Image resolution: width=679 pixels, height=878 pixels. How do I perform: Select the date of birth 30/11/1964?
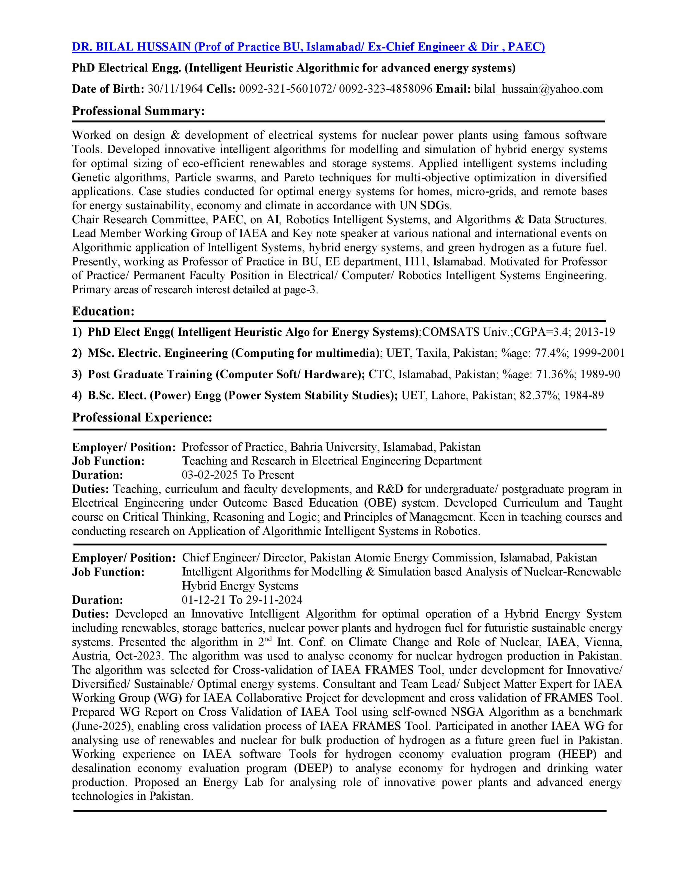pos(175,89)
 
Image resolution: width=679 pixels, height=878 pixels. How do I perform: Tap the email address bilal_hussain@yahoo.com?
pos(539,89)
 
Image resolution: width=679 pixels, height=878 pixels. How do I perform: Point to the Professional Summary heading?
pos(138,111)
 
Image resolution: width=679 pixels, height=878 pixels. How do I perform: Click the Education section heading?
pos(103,311)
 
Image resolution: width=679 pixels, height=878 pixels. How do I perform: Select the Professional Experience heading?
pos(142,417)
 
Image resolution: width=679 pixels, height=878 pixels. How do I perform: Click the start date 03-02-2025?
pos(210,475)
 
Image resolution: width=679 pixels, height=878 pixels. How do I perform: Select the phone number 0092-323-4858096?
pos(385,89)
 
